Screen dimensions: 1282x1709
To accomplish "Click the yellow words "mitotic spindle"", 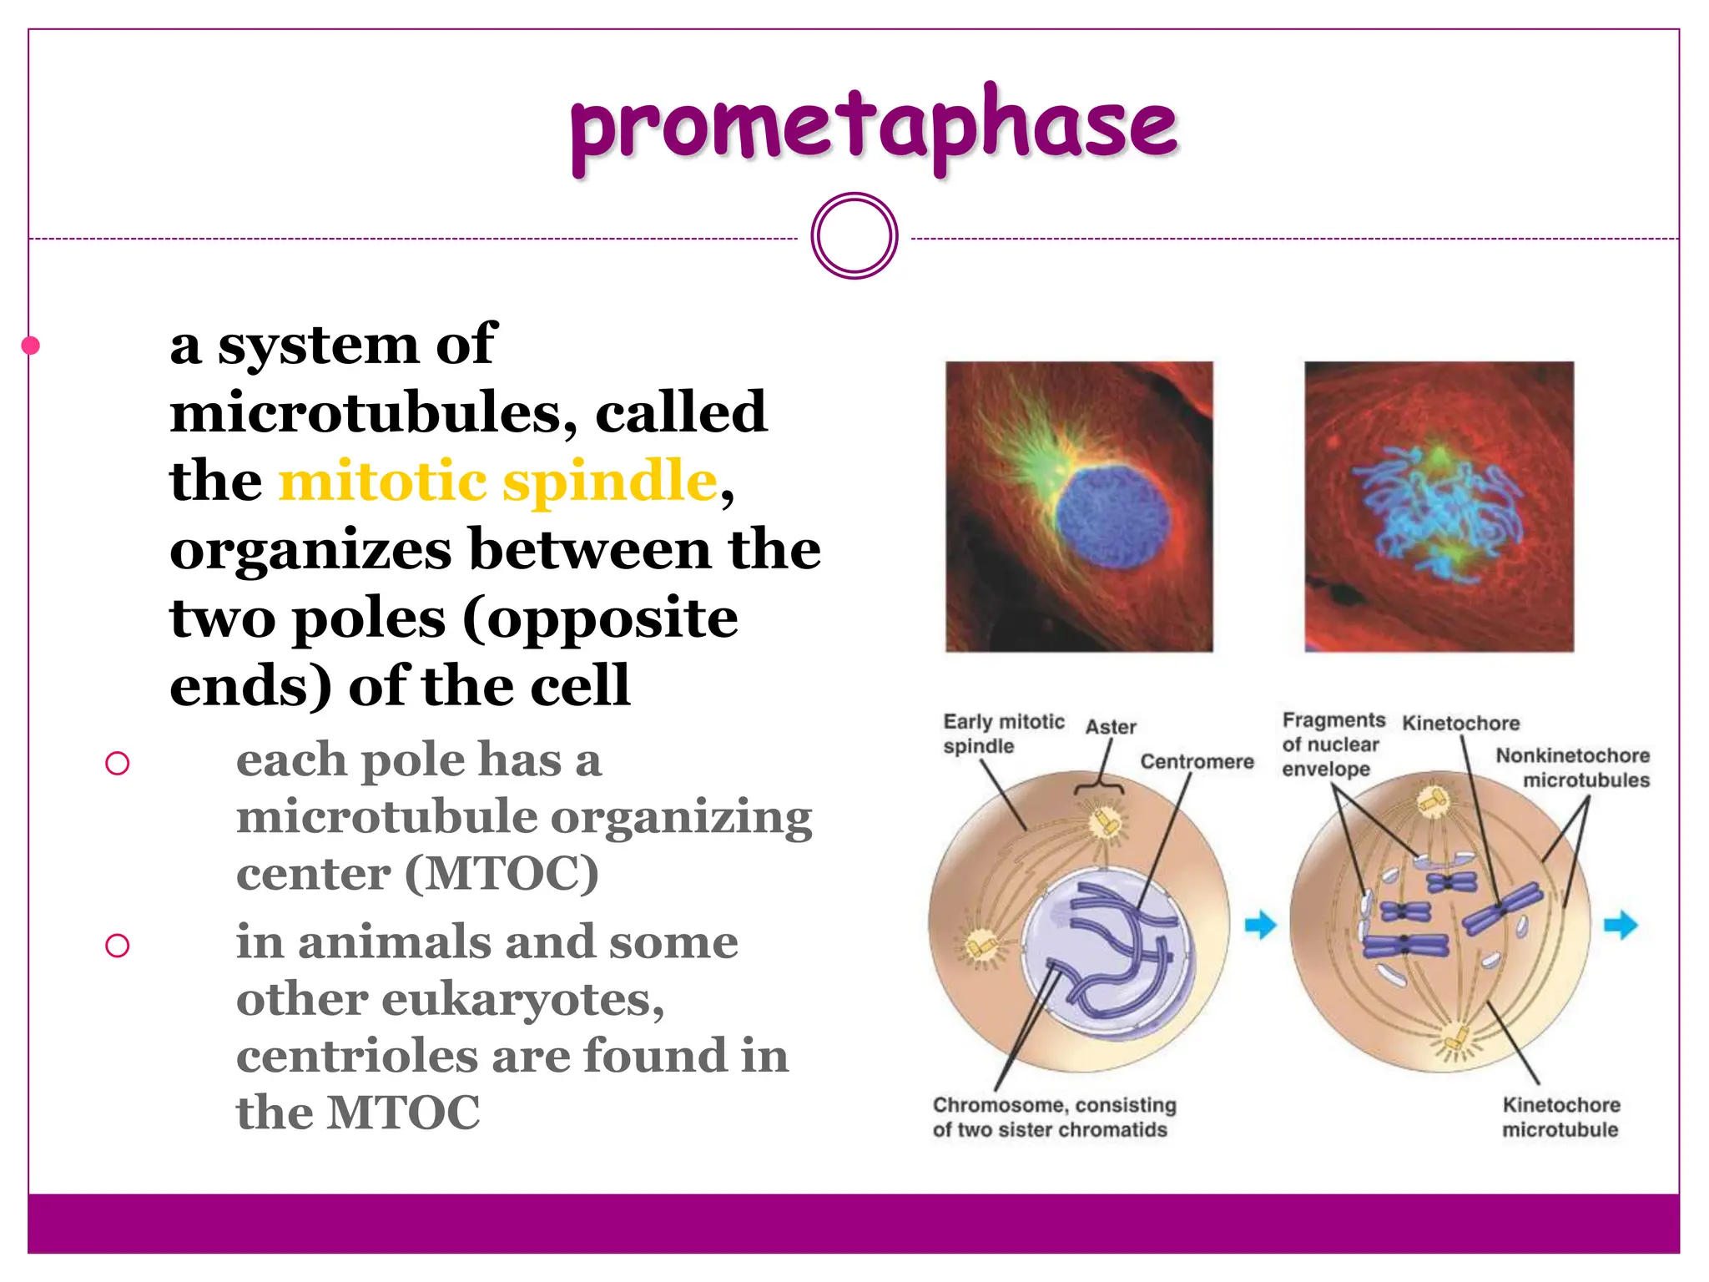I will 497,482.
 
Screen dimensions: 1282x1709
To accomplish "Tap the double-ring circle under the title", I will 854,236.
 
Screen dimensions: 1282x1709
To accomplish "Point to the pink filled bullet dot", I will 31,345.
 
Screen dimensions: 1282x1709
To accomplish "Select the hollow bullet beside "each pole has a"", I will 118,763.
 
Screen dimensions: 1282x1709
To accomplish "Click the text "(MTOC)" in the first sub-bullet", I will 502,874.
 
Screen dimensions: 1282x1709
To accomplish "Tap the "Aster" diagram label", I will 1110,727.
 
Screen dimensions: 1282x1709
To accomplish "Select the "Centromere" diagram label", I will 1197,761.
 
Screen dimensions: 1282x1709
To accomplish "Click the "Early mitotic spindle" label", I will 1002,733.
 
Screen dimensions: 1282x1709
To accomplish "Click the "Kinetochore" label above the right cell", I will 1460,723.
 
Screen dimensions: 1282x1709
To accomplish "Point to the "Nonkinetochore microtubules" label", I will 1572,767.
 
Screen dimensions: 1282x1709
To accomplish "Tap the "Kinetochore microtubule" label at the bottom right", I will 1560,1117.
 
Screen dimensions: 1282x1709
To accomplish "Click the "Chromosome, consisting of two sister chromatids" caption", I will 1053,1117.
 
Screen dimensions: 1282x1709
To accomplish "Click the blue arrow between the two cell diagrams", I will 1260,925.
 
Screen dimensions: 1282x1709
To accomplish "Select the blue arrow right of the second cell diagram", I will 1621,925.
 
